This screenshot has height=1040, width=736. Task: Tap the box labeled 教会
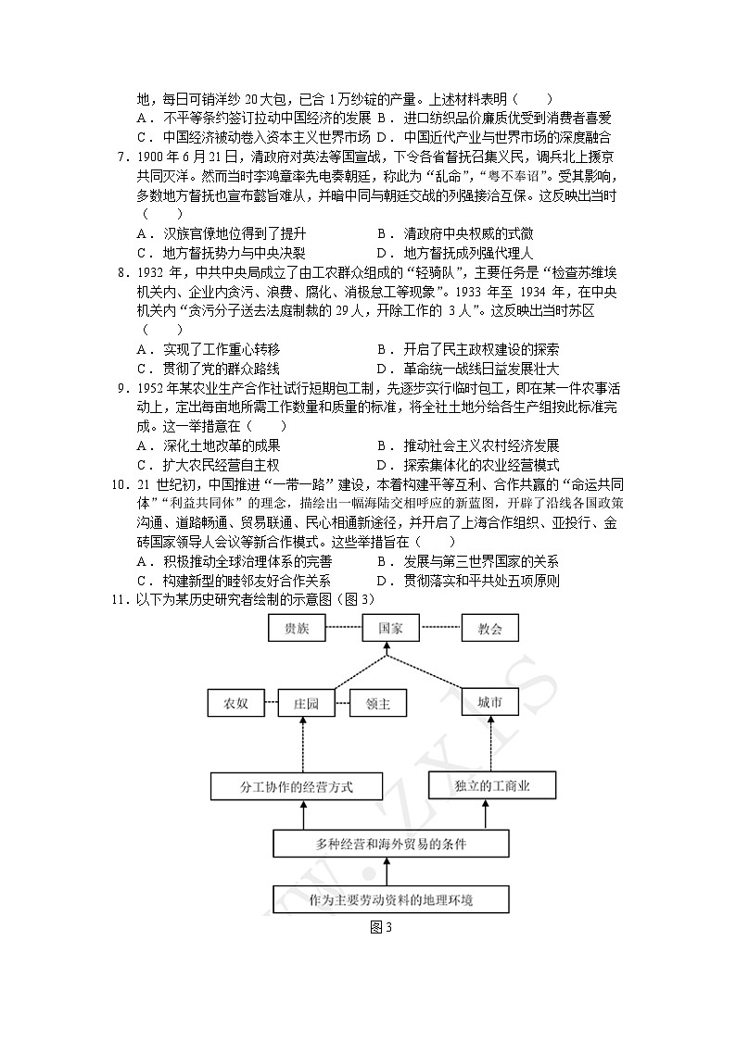point(490,629)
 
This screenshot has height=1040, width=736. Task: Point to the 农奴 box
point(235,704)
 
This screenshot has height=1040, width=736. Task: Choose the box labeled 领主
point(378,704)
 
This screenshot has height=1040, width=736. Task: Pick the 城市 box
point(490,703)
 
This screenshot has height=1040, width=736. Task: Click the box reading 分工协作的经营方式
point(284,787)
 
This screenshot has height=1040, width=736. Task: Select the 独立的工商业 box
point(492,787)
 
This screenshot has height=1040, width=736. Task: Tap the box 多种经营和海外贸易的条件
point(391,845)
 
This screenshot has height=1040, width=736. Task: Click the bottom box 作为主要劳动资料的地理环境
point(392,899)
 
